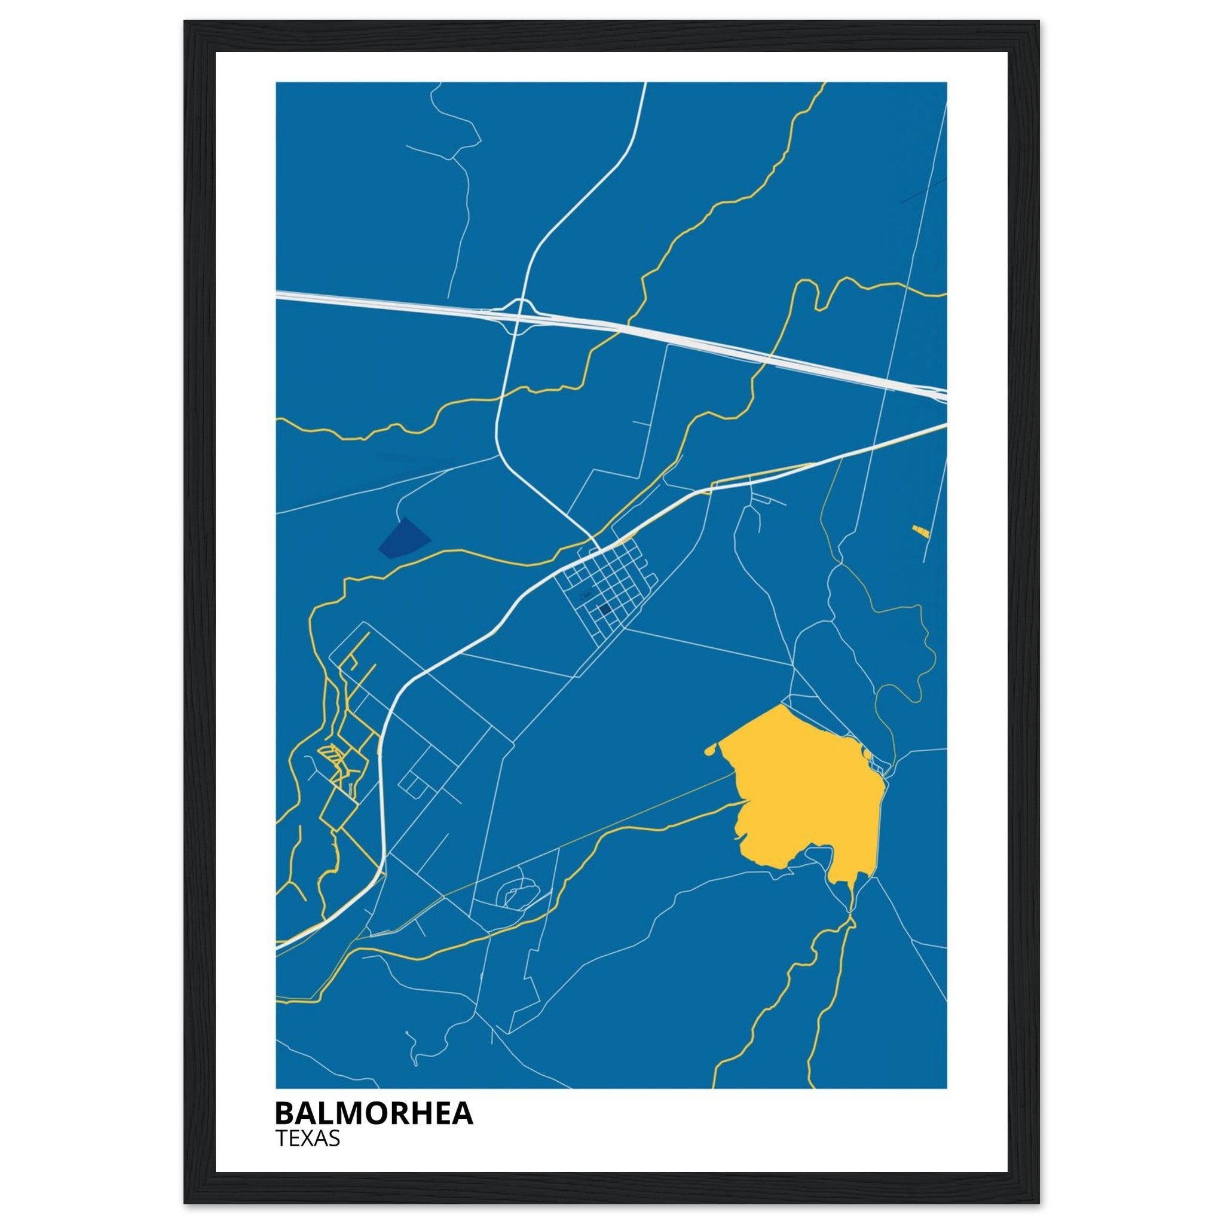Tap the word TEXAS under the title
[308, 1139]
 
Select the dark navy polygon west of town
[403, 538]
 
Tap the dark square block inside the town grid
[604, 610]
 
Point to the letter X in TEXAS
[307, 1139]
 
